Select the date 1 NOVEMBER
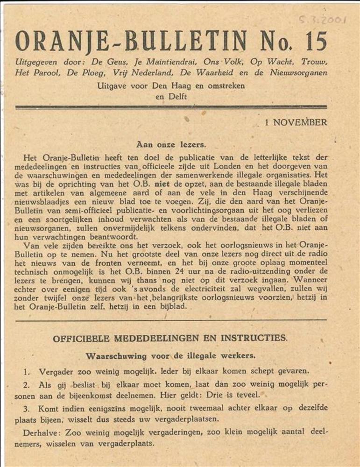click(296, 123)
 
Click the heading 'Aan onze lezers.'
click(171, 145)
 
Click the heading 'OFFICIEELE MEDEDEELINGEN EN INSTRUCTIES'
click(170, 338)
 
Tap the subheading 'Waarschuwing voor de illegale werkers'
click(170, 356)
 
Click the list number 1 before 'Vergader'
click(27, 372)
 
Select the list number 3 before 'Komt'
click(27, 409)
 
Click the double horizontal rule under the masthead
click(171, 107)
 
